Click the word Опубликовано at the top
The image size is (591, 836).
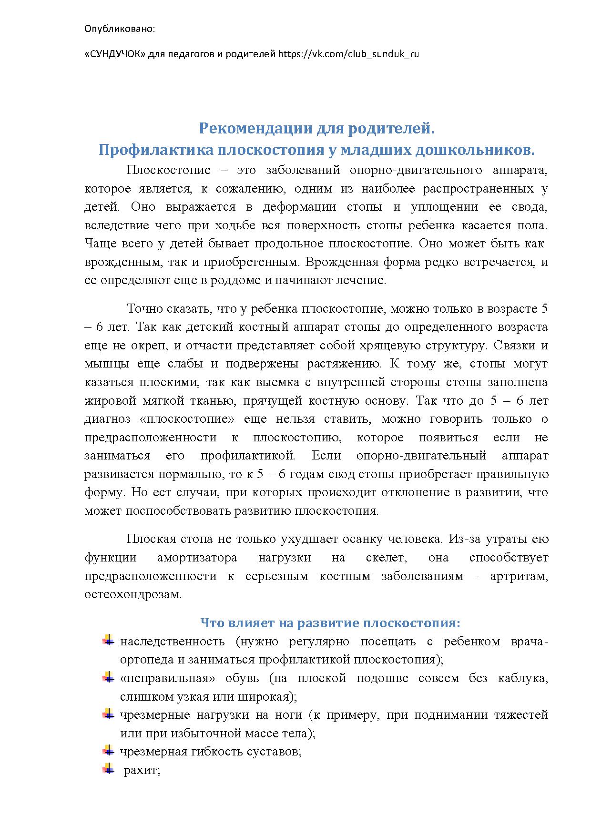tap(120, 29)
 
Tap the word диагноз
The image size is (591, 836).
tap(107, 419)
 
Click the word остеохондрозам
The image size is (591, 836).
tap(133, 595)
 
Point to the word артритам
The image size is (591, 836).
tap(519, 576)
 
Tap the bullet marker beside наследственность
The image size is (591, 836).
tap(109, 640)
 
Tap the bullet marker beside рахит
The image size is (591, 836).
tap(109, 769)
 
